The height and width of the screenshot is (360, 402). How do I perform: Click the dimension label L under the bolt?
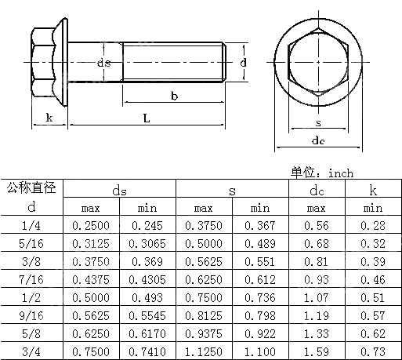(x=146, y=118)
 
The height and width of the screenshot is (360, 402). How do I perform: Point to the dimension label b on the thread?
(x=172, y=96)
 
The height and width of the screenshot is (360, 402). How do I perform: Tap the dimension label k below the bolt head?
(x=49, y=118)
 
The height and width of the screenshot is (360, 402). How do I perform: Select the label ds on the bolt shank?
(x=103, y=63)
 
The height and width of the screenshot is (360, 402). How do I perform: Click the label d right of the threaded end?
(x=244, y=62)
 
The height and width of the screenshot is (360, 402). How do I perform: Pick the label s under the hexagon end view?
(x=317, y=123)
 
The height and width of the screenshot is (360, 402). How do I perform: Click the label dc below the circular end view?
(x=317, y=141)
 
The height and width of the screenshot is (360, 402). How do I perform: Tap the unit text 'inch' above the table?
(x=341, y=173)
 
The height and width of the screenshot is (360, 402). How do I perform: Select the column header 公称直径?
(x=31, y=188)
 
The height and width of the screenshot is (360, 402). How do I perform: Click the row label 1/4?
(x=31, y=226)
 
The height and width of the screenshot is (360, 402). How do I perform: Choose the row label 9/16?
(x=31, y=316)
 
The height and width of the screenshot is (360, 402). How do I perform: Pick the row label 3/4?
(x=31, y=352)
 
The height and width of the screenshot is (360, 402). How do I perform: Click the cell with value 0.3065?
(x=147, y=244)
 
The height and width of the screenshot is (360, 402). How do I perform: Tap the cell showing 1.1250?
(x=203, y=352)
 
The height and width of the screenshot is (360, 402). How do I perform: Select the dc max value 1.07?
(x=317, y=298)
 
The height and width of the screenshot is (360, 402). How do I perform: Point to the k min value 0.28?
(x=373, y=226)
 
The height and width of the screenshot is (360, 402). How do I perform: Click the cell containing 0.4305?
(x=147, y=280)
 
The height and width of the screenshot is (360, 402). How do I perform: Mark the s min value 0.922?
(x=259, y=334)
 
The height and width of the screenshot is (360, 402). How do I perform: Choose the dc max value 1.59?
(x=317, y=352)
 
